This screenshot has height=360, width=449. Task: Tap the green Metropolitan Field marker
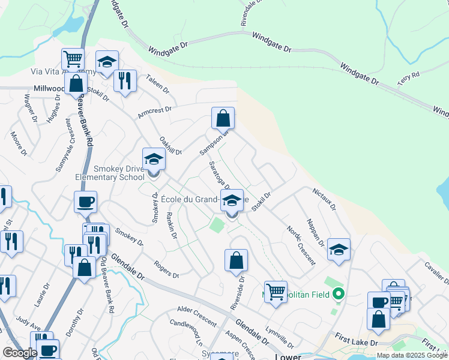[339, 294]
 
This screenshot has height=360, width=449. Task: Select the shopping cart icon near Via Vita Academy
[73, 59]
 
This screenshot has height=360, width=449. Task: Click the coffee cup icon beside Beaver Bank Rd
[85, 202]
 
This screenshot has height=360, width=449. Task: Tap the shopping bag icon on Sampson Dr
[223, 118]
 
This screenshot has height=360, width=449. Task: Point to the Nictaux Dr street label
[325, 199]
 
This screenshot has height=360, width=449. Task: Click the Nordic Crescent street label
[301, 245]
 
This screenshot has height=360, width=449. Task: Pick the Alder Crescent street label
[196, 315]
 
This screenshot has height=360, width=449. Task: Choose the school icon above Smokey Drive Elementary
[154, 160]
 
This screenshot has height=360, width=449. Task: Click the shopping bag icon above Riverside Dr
[237, 260]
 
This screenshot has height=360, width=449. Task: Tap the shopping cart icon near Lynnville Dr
[276, 292]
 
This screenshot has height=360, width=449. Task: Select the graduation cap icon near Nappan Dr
[339, 249]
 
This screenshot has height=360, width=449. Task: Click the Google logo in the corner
[20, 353]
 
